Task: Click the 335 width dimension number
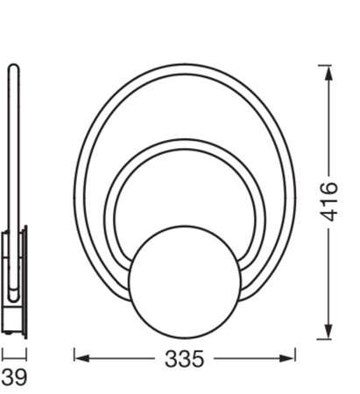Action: [x=184, y=358]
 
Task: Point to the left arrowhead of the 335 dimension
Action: [x=79, y=357]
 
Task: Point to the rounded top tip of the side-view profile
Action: [x=12, y=67]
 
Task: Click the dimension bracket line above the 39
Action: [x=13, y=354]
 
